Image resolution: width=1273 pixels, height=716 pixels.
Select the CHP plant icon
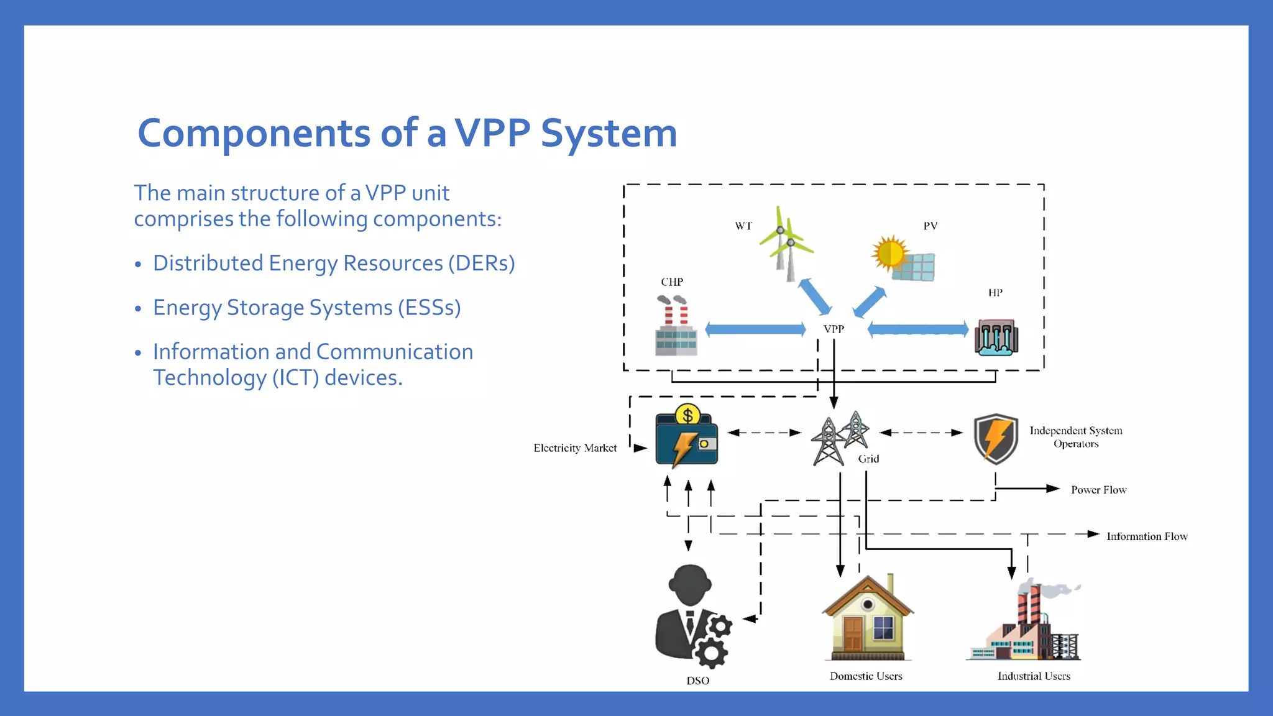(x=676, y=326)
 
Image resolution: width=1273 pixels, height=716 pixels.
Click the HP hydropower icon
(x=996, y=337)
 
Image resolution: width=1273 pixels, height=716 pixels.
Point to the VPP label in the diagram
(x=834, y=329)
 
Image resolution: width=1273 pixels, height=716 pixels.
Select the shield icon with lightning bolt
(x=996, y=439)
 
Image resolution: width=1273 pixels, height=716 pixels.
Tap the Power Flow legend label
(x=1098, y=490)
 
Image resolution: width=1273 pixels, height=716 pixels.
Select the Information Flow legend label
(x=1146, y=536)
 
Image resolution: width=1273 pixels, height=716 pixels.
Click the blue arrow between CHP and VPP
(x=755, y=329)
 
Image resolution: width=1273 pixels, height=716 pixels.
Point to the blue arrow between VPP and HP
(x=918, y=329)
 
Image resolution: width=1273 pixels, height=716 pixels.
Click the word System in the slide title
(x=609, y=133)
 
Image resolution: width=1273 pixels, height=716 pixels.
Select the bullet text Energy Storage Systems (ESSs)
(x=306, y=308)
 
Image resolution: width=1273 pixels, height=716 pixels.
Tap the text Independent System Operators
(x=1075, y=437)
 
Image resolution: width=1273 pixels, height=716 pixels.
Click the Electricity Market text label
(x=575, y=448)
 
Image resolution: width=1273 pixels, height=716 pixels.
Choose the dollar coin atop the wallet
(x=687, y=415)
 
